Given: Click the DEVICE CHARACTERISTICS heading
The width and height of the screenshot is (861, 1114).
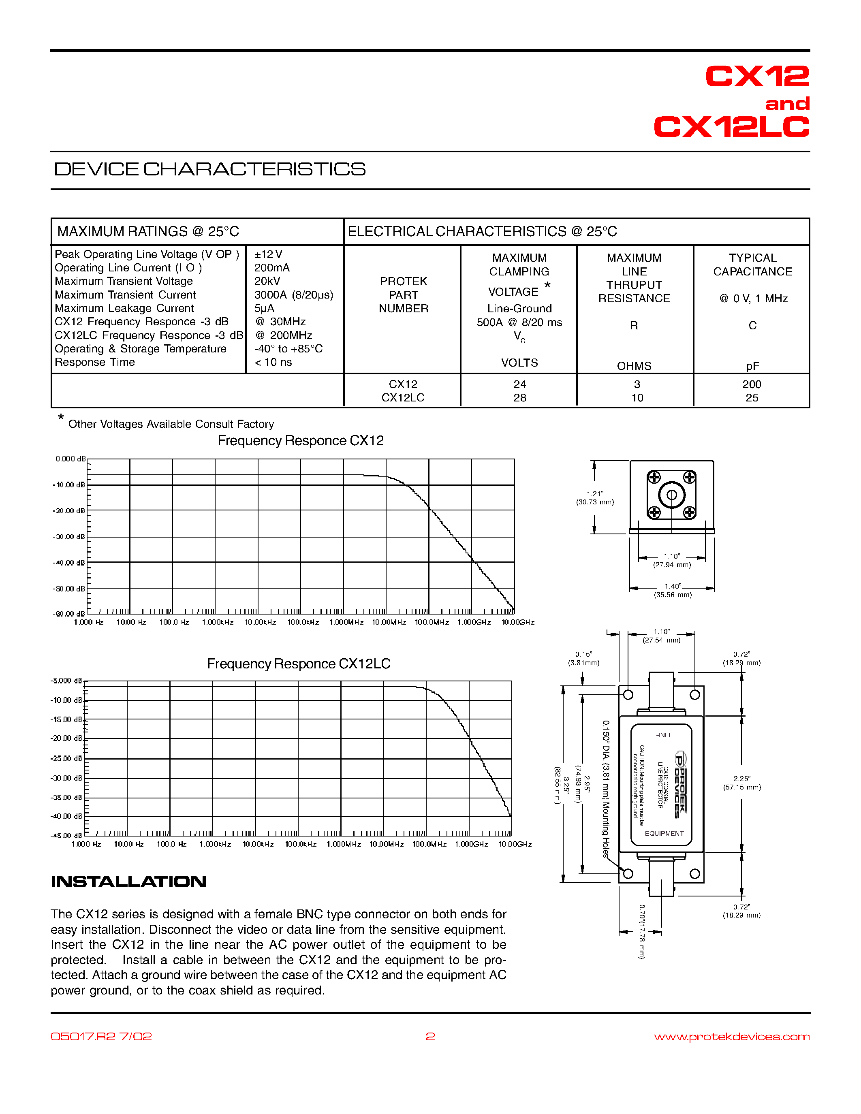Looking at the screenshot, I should (x=209, y=169).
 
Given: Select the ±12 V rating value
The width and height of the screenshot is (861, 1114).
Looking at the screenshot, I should (x=268, y=254).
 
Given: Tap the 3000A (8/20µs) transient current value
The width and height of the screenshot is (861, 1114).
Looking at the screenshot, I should (x=293, y=295).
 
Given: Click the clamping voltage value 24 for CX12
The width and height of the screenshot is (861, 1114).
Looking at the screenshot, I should (x=520, y=384).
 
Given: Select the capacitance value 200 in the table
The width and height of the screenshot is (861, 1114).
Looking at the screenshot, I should (x=752, y=384).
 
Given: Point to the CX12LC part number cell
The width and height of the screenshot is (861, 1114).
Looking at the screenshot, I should (x=403, y=398).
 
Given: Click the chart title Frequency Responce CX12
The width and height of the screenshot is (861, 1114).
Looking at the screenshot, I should (x=300, y=441).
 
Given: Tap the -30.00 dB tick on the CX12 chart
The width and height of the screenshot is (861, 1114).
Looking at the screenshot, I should (x=69, y=537).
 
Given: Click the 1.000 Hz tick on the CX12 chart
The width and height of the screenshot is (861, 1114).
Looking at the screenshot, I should (x=89, y=622).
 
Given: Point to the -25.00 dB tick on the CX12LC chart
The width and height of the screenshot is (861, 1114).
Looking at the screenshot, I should (x=67, y=758).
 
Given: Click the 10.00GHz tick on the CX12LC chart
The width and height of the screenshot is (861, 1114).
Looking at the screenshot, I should (x=515, y=844).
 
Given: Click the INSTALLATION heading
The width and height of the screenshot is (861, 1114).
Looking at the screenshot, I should (x=128, y=881).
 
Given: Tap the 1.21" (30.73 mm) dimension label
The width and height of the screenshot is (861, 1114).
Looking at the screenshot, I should (x=595, y=498).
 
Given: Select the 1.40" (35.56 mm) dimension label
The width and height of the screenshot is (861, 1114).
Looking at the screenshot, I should (x=673, y=591).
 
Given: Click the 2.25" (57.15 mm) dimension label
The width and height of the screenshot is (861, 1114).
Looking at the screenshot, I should (x=741, y=783).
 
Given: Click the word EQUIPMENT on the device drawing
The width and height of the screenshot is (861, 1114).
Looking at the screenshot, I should (x=664, y=833).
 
